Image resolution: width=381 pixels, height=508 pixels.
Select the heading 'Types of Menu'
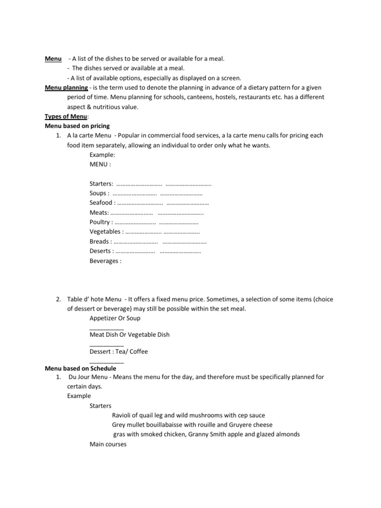66,117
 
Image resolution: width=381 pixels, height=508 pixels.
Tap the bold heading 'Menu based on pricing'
77,126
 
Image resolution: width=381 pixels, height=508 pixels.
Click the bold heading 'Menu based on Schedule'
80,368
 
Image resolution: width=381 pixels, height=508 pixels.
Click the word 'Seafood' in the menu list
101,203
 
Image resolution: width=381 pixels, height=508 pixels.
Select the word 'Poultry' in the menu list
100,222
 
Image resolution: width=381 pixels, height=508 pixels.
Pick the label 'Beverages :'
105,260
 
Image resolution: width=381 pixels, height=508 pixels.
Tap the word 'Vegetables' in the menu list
105,232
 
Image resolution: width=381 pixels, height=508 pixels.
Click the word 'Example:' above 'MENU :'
102,155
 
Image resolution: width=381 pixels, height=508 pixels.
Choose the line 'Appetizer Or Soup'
115,318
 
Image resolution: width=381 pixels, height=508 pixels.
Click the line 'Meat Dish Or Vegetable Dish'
129,334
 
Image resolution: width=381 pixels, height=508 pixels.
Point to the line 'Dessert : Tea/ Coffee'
119,351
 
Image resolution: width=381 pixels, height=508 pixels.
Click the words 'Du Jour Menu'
88,377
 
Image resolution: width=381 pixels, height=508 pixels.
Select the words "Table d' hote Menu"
94,300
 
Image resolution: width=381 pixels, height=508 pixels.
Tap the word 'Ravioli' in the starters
122,415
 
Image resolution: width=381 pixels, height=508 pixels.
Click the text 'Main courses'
108,444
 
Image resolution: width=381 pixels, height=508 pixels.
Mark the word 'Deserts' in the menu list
100,251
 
